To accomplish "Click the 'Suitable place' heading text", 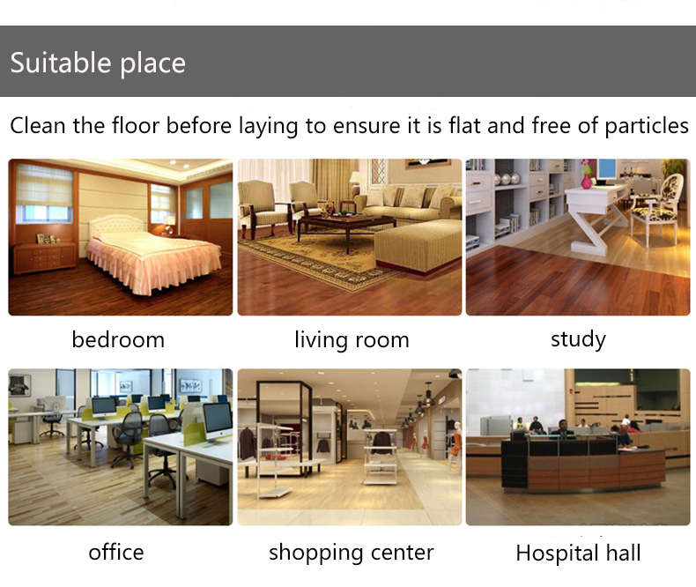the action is click(98, 63).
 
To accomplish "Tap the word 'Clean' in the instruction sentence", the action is click(38, 126).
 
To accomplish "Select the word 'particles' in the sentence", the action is click(647, 127).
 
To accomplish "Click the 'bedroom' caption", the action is click(118, 340).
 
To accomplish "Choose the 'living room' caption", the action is click(352, 340).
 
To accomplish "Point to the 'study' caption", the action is click(578, 339).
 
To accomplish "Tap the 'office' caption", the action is click(116, 553).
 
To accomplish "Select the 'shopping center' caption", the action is click(352, 554).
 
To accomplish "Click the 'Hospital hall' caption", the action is click(578, 554).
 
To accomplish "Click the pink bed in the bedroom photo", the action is click(151, 258).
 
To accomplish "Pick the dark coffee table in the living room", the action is click(345, 227).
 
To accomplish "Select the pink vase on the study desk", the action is click(587, 181).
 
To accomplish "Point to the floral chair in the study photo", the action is click(656, 209).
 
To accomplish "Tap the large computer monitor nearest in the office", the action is click(217, 421).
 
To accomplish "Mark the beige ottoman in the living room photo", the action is click(417, 246).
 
